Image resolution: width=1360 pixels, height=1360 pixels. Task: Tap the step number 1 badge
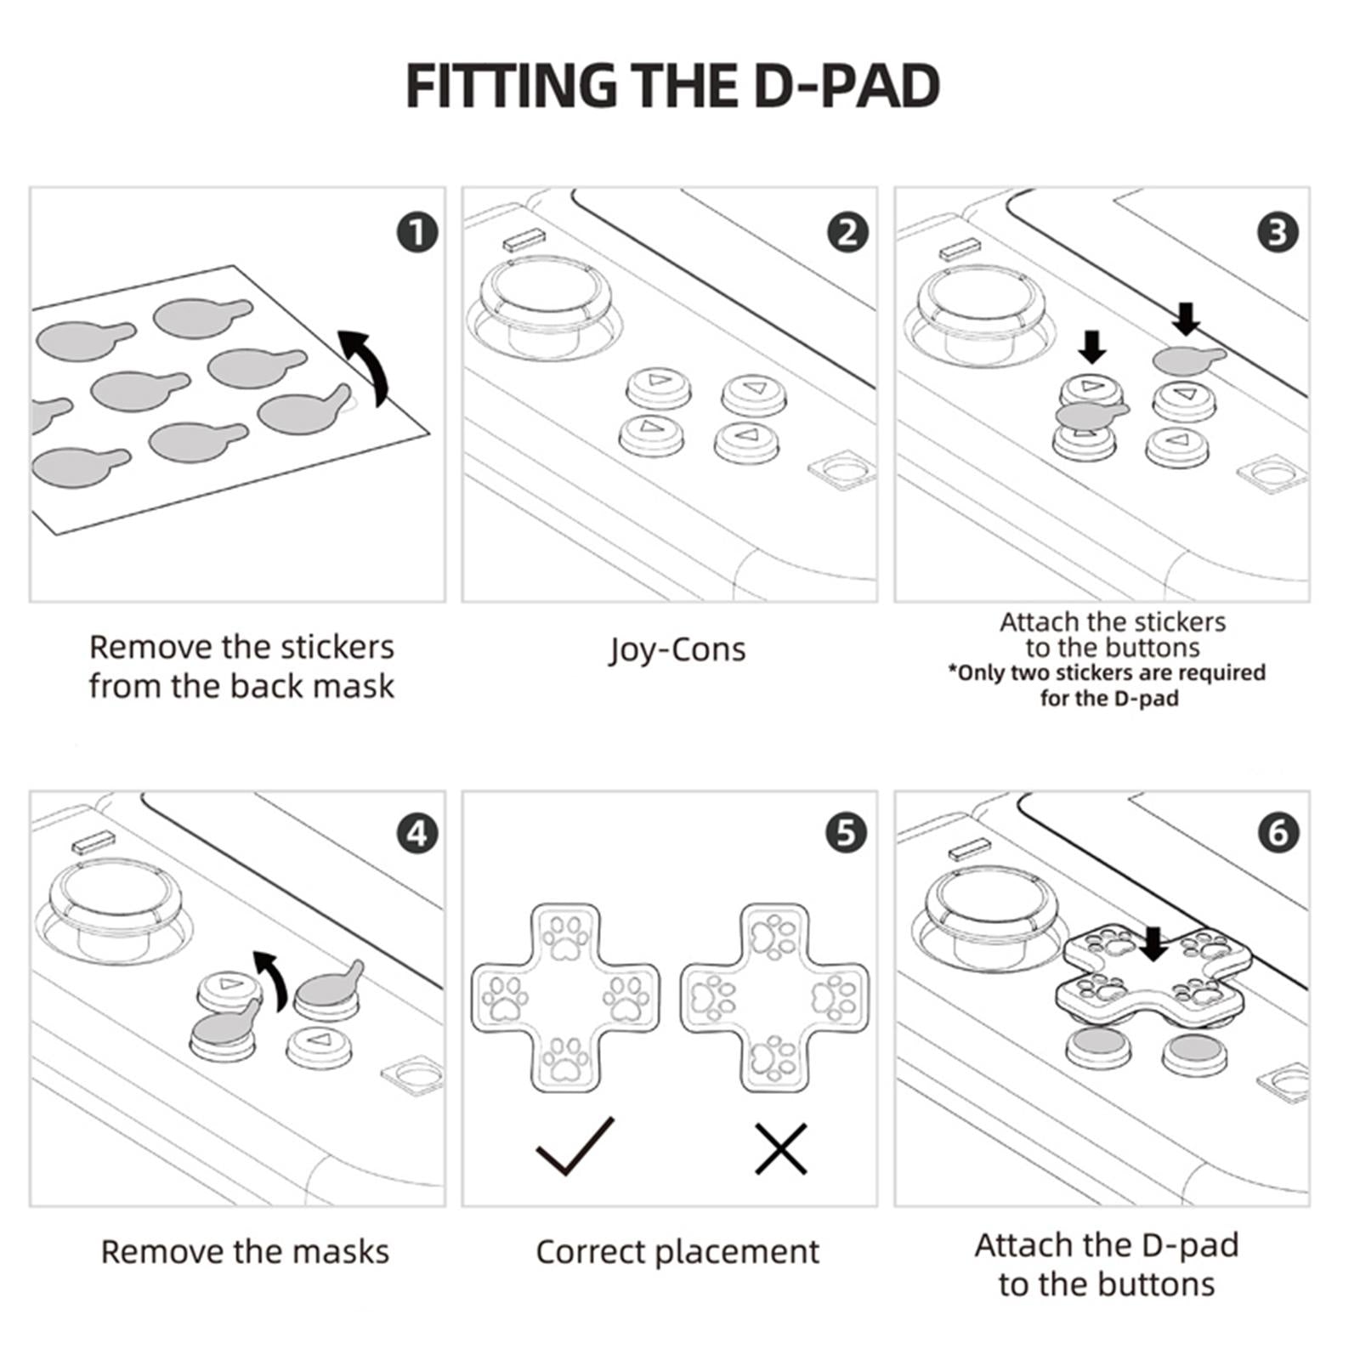pos(416,232)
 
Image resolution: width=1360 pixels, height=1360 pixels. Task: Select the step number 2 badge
pos(847,232)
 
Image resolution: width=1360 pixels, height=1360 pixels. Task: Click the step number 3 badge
pos(1278,232)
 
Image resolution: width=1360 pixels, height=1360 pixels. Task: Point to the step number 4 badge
pos(416,833)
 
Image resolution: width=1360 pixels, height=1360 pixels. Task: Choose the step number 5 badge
pos(847,833)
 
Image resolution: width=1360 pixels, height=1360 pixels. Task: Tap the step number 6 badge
pos(1278,833)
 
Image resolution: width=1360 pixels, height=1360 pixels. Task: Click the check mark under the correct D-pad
pos(575,1146)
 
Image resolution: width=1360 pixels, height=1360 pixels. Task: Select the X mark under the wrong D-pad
pos(781,1148)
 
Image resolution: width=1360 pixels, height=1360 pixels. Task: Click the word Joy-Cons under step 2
pos(677,650)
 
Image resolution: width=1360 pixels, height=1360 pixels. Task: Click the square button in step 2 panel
pos(841,469)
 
